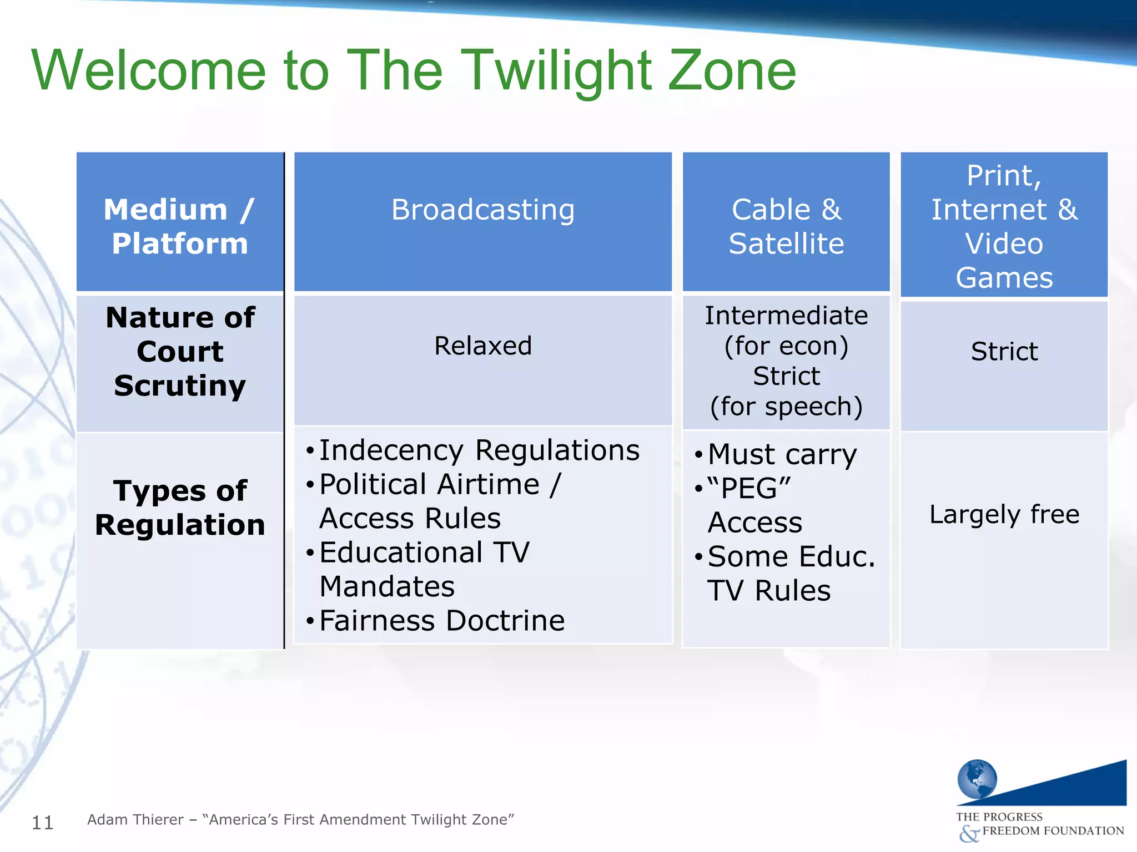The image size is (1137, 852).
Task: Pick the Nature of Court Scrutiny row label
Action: click(x=179, y=352)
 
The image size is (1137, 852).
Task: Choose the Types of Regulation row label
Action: click(x=179, y=508)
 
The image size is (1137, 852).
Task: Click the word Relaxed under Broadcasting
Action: click(x=482, y=346)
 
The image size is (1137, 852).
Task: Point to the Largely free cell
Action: click(x=1004, y=514)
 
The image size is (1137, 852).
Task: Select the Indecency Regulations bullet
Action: click(x=479, y=450)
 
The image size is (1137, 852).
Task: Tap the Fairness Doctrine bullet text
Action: click(x=442, y=621)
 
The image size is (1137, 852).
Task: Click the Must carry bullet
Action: click(x=782, y=455)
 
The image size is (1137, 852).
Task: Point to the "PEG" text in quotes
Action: click(x=749, y=489)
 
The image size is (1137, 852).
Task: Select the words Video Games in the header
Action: click(x=1004, y=261)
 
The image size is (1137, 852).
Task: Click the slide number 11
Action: click(x=42, y=823)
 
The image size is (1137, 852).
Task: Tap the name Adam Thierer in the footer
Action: click(x=135, y=820)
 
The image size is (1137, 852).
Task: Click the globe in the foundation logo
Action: click(x=977, y=779)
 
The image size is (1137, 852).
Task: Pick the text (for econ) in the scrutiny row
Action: click(x=786, y=346)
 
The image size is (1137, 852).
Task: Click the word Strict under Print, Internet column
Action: click(x=1004, y=352)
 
